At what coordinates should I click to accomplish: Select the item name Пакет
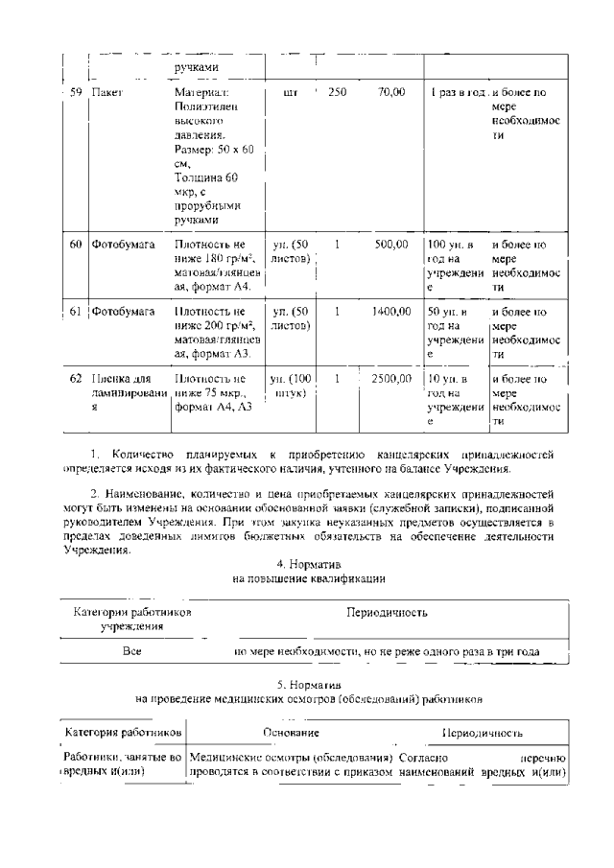click(106, 94)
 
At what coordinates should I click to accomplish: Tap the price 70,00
click(390, 93)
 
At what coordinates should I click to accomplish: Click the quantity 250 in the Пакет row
click(337, 93)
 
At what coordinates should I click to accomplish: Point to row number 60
click(77, 245)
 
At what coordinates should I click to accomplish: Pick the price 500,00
click(390, 245)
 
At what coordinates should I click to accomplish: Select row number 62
click(77, 379)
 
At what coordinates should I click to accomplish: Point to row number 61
click(77, 312)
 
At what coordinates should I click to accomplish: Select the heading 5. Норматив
click(308, 687)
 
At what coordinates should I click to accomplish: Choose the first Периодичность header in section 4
click(387, 612)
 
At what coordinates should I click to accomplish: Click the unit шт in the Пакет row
click(292, 93)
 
